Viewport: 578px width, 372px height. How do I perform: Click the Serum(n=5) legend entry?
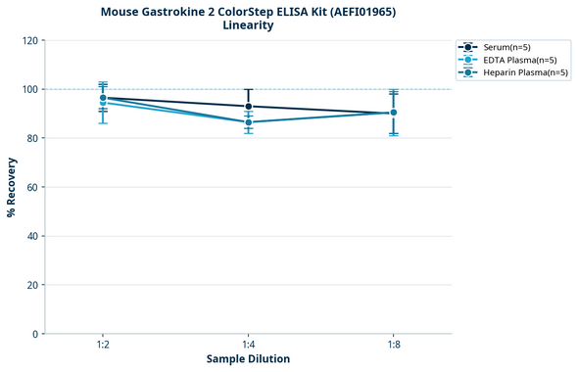coord(506,47)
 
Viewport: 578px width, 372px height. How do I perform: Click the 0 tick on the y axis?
coord(35,334)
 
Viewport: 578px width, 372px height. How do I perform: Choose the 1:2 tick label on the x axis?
coord(103,346)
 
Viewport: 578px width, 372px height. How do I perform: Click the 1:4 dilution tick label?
coord(248,346)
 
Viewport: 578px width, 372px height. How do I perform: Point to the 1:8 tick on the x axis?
coord(394,346)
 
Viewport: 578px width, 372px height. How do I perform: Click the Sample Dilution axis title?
coord(248,359)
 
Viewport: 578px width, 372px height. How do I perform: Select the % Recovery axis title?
coord(12,187)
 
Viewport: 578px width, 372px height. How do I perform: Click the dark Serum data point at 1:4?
coord(248,107)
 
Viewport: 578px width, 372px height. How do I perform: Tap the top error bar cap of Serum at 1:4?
coord(248,89)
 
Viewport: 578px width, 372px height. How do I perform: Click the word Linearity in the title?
coord(248,25)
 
